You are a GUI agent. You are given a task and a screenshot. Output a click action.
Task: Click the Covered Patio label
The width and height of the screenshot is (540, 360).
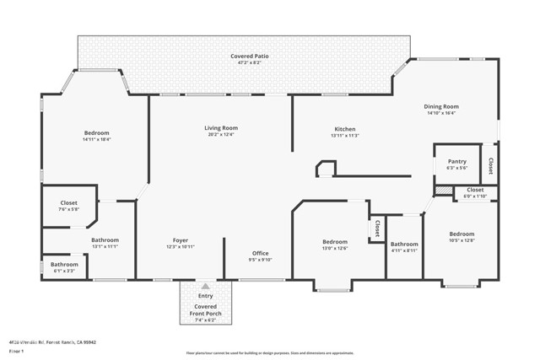(250, 56)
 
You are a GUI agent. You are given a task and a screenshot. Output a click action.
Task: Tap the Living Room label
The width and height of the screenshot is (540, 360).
(221, 128)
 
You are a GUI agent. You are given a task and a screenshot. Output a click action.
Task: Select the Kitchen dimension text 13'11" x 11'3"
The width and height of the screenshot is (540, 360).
(345, 136)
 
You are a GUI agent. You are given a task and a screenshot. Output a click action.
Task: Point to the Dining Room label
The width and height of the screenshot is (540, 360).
(440, 107)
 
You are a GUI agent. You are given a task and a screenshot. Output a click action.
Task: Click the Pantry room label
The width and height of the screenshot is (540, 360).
(456, 161)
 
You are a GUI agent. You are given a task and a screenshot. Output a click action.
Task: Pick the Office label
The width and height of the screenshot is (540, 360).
(260, 253)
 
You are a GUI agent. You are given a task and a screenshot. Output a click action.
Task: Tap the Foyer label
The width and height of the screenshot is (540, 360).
(181, 239)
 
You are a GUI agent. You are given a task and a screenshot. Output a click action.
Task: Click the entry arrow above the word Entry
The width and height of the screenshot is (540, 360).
(205, 286)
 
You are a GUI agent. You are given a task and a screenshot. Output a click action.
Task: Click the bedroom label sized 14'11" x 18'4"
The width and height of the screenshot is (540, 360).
(96, 133)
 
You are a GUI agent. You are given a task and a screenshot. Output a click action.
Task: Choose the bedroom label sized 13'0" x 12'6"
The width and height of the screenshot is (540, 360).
(335, 242)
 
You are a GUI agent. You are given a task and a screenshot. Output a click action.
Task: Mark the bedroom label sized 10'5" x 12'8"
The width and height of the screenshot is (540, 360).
(462, 234)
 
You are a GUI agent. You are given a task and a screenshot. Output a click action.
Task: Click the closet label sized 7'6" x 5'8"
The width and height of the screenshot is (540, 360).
(69, 203)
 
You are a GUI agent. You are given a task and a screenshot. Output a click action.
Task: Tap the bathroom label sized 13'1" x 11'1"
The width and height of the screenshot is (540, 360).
(105, 240)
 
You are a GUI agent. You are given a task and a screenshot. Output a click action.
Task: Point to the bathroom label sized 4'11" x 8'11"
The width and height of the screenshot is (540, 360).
(404, 244)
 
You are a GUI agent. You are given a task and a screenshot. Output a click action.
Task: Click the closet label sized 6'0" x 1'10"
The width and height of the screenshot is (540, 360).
(475, 191)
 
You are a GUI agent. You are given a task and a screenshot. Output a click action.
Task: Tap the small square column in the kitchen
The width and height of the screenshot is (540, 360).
(324, 169)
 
